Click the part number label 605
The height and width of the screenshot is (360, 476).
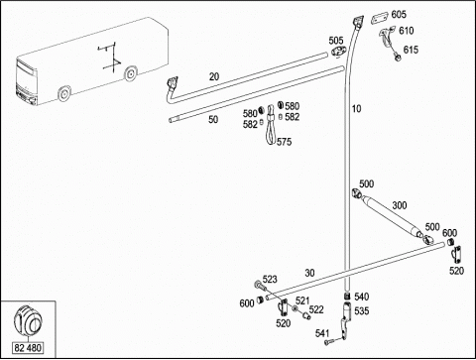[399, 15]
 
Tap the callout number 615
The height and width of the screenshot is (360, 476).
[411, 50]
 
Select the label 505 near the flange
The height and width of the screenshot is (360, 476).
[336, 41]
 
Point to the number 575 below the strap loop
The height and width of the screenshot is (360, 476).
[285, 142]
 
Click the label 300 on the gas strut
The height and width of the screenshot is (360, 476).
[400, 205]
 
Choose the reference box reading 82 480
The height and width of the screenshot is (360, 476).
[28, 348]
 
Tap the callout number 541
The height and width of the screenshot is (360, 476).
[322, 333]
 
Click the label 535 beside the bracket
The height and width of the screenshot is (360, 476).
[362, 311]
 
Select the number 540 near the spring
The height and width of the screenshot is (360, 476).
[362, 297]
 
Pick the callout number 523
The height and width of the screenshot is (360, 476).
[270, 280]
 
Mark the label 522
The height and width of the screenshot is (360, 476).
[316, 309]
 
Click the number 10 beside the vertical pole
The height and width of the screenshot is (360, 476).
[356, 109]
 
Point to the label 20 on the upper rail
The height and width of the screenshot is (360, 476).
[214, 76]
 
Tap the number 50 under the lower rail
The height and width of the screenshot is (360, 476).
[213, 119]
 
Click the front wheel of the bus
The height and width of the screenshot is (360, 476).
[64, 94]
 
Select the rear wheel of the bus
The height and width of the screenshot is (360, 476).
[131, 73]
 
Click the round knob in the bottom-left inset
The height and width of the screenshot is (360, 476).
[28, 320]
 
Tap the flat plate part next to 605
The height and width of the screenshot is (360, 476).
[380, 18]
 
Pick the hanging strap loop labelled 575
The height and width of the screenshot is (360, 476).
[271, 124]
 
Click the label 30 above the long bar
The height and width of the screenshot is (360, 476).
[309, 273]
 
